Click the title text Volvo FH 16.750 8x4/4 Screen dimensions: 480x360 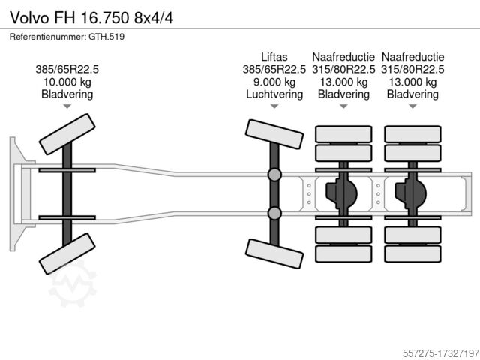pos(91,18)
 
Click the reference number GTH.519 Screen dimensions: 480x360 pos(106,37)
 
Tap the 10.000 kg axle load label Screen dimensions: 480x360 pos(67,82)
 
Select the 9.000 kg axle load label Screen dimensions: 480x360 pos(274,82)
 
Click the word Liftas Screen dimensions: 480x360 pos(274,57)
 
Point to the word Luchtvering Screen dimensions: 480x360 pos(274,94)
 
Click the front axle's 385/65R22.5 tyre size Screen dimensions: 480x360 pos(67,70)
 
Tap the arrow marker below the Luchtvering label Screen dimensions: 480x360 pos(274,106)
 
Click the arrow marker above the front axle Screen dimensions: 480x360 pos(67,106)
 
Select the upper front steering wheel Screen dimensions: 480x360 pos(67,134)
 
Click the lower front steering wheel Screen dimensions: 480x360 pos(67,253)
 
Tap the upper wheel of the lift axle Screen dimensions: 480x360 pos(274,134)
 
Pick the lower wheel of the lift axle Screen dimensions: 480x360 pos(274,253)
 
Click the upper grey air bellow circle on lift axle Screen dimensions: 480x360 pos(274,175)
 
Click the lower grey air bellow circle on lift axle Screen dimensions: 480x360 pos(274,213)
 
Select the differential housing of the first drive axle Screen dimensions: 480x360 pos(341,193)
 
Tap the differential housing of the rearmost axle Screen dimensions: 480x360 pos(410,193)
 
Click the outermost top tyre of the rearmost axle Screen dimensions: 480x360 pos(412,134)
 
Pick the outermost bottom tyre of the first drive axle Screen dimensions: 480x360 pos(343,253)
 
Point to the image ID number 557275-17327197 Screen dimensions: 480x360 pos(441,353)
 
